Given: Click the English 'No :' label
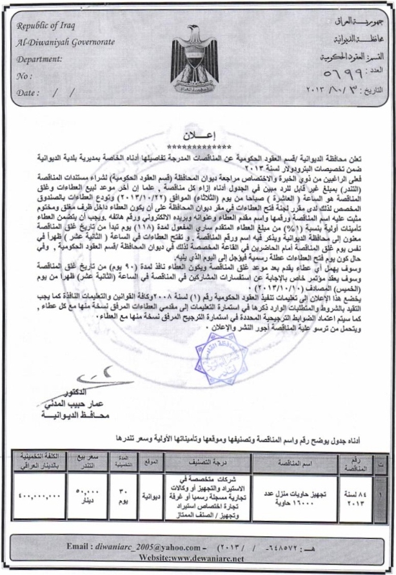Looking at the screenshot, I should [26, 75].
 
